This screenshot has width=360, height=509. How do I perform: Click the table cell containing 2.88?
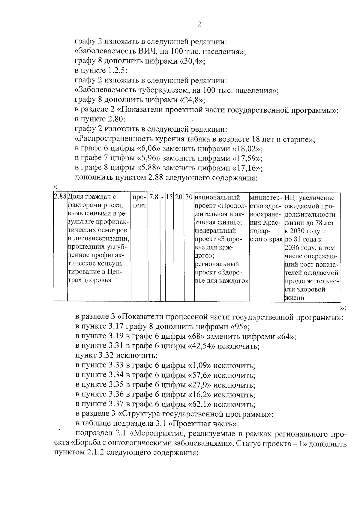(x=60, y=197)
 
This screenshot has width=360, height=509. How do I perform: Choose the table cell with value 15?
(x=169, y=197)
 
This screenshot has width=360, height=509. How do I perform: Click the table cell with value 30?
(x=189, y=197)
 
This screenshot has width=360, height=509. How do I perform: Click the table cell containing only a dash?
(x=162, y=197)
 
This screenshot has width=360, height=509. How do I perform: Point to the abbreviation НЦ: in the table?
(x=289, y=198)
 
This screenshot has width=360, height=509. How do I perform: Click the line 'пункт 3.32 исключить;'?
(x=116, y=356)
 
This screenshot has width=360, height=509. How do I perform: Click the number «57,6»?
(x=199, y=375)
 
